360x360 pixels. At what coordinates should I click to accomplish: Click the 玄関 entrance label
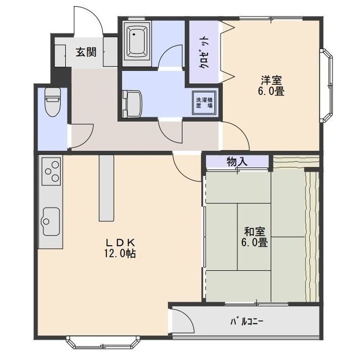pyautogui.click(x=86, y=52)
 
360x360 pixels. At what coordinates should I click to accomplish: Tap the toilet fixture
pyautogui.click(x=52, y=102)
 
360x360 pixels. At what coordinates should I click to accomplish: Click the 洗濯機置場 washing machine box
pyautogui.click(x=204, y=103)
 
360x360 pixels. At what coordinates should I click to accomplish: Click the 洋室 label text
pyautogui.click(x=271, y=80)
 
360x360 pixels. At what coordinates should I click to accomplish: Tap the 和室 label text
pyautogui.click(x=255, y=232)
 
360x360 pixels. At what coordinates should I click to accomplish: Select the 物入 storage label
pyautogui.click(x=237, y=162)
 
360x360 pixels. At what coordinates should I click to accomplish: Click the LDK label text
pyautogui.click(x=120, y=242)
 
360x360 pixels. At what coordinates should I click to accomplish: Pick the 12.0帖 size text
pyautogui.click(x=120, y=253)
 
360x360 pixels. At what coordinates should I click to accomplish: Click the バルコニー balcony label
pyautogui.click(x=247, y=321)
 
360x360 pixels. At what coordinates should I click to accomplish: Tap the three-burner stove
pyautogui.click(x=51, y=171)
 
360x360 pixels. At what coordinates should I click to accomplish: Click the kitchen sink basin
pyautogui.click(x=51, y=221)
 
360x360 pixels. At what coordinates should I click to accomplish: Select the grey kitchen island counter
pyautogui.click(x=106, y=188)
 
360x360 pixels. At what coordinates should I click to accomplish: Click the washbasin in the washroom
pyautogui.click(x=132, y=104)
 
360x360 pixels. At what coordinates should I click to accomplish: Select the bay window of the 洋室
pyautogui.click(x=327, y=85)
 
